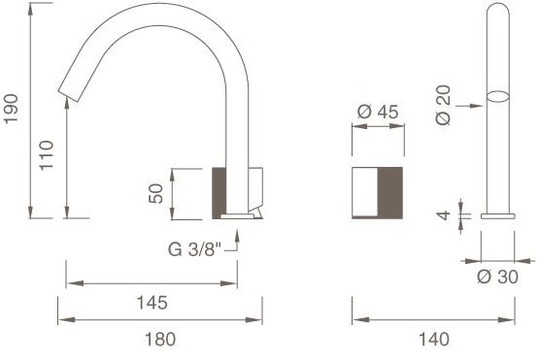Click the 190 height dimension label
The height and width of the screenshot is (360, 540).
pyautogui.click(x=11, y=109)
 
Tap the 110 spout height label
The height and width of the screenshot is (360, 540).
pyautogui.click(x=47, y=155)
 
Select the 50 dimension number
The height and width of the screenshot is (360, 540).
pyautogui.click(x=155, y=193)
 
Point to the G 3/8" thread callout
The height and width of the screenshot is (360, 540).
pyautogui.click(x=194, y=249)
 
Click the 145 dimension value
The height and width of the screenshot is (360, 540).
pyautogui.click(x=152, y=303)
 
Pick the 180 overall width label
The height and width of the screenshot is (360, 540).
pyautogui.click(x=160, y=340)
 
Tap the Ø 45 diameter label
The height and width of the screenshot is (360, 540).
pyautogui.click(x=378, y=112)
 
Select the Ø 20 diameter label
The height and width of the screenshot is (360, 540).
pyautogui.click(x=443, y=105)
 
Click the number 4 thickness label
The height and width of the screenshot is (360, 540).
pyautogui.click(x=443, y=215)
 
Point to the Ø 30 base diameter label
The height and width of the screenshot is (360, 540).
pyautogui.click(x=497, y=277)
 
